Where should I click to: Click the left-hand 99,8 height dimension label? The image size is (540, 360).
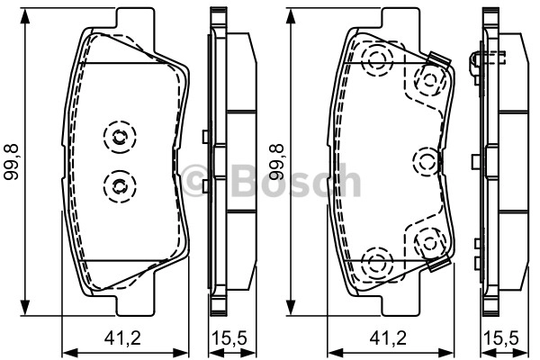coord(12,162)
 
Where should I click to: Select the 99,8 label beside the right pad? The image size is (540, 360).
coord(276,162)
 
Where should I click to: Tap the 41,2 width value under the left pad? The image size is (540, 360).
coord(123,338)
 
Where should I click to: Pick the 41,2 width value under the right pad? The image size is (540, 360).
coord(388,338)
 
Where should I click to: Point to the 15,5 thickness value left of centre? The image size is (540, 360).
coord(229,338)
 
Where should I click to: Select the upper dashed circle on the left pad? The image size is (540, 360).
coord(120,137)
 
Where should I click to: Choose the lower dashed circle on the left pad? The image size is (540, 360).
coord(120,186)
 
